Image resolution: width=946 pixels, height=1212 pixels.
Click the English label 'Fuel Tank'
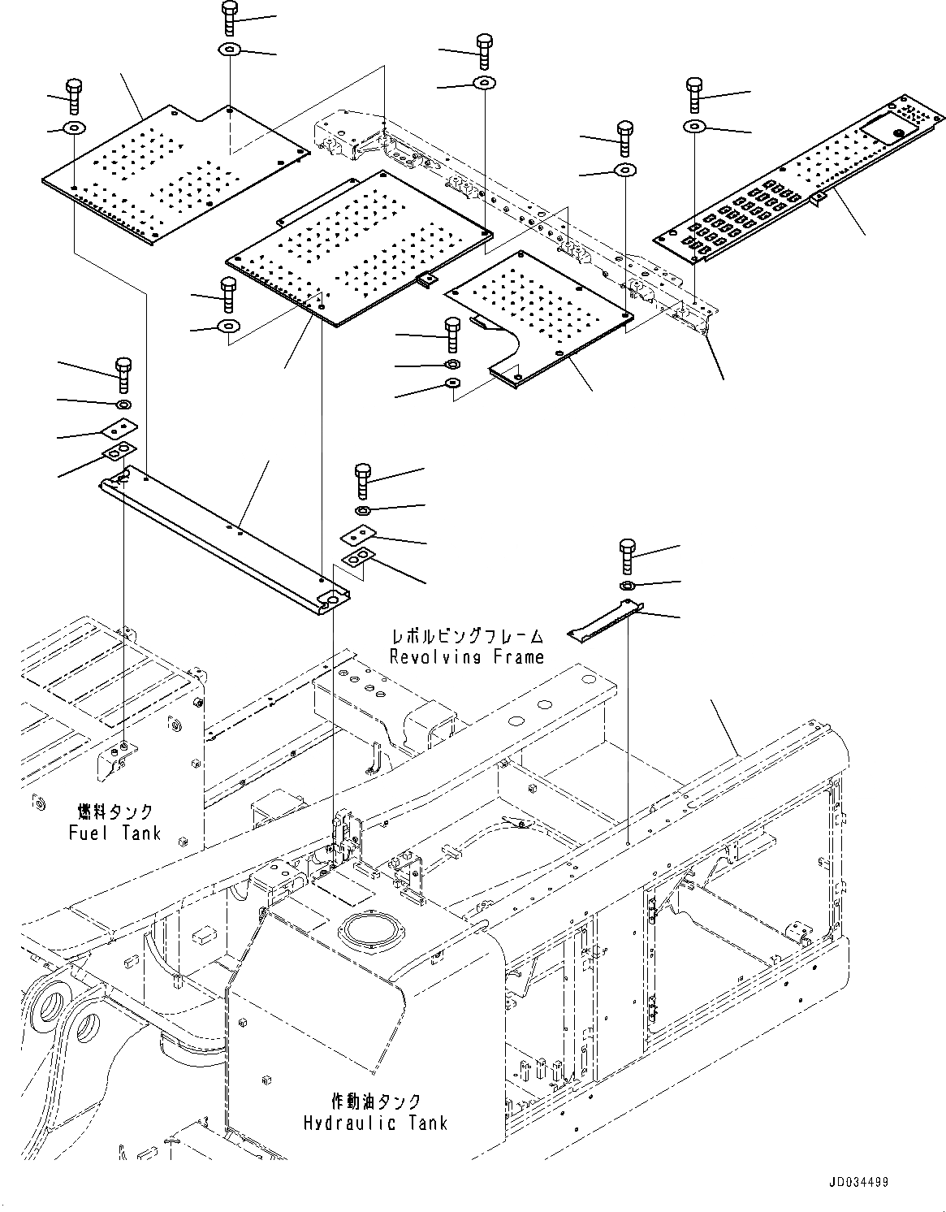tap(114, 833)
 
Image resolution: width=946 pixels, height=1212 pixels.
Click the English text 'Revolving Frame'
tap(466, 656)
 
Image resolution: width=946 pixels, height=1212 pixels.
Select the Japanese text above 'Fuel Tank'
tap(114, 812)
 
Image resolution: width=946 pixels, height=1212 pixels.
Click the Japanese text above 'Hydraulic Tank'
tap(376, 1102)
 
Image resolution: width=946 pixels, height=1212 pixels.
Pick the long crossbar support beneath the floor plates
tap(223, 537)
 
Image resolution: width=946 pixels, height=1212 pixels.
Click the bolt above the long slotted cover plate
tap(694, 95)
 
